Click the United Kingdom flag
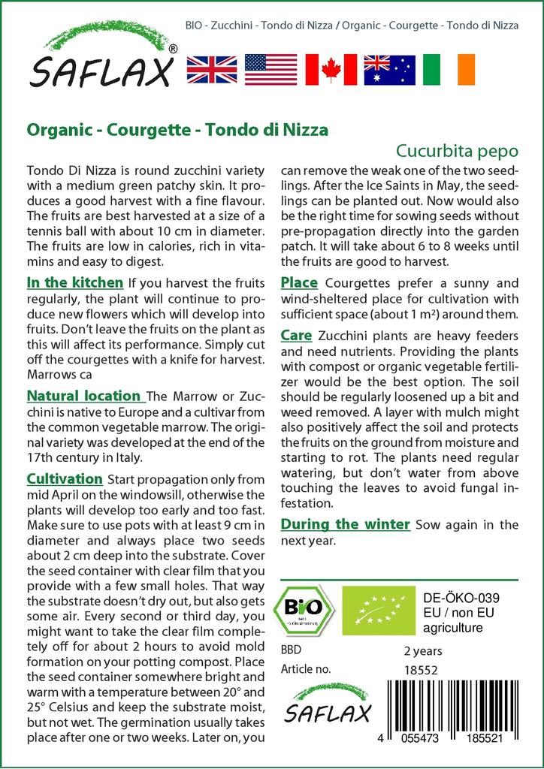coord(212,69)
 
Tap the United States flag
coord(271,69)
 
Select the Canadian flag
coord(331,69)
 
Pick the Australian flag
coord(389,69)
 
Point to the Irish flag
coord(449,69)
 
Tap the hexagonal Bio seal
coord(307,606)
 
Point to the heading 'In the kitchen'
coord(75,283)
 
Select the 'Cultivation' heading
coord(65,478)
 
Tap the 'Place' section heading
coord(299,283)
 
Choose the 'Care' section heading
coord(296,336)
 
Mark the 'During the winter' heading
coord(346,523)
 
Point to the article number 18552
coord(421,668)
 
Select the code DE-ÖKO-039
coord(456,598)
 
